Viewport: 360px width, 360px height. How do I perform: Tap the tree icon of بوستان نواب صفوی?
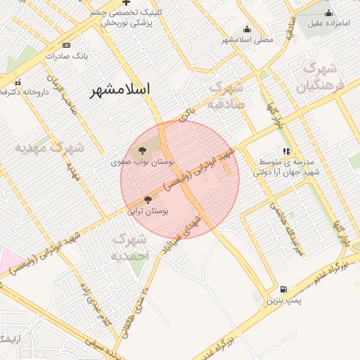coord(143,150)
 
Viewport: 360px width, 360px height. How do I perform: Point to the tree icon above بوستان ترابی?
coord(147,200)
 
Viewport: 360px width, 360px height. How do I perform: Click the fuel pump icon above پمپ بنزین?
coord(283,289)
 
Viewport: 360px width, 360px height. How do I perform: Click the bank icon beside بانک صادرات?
coord(67,55)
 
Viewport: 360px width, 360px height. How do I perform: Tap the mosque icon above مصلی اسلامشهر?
coord(247,29)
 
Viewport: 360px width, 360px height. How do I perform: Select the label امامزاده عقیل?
coord(328,22)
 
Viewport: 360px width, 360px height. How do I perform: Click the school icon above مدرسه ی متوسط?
coord(285,150)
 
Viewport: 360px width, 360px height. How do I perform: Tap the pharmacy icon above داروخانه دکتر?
coord(18,82)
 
